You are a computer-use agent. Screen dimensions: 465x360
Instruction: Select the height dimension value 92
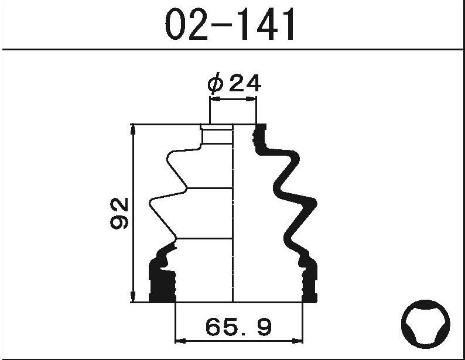click(119, 213)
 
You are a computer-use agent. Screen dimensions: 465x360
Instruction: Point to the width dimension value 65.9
click(238, 327)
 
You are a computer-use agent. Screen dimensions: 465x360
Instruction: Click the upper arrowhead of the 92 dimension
click(133, 130)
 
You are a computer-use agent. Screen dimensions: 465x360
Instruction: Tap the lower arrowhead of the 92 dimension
click(133, 296)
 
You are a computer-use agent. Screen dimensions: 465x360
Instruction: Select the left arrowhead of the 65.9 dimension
click(180, 341)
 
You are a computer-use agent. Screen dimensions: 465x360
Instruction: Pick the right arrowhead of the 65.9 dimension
click(298, 341)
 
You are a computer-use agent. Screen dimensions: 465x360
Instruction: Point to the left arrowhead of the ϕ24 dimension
click(215, 99)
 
